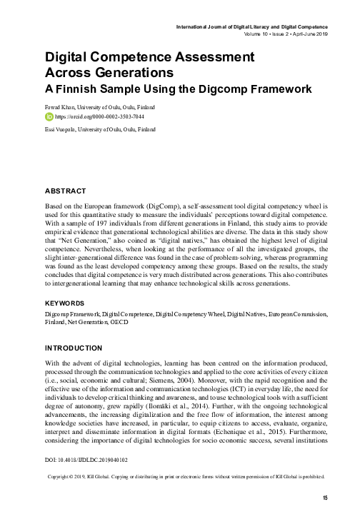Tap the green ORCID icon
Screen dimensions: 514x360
(49, 116)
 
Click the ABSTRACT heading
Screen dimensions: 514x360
(65, 191)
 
